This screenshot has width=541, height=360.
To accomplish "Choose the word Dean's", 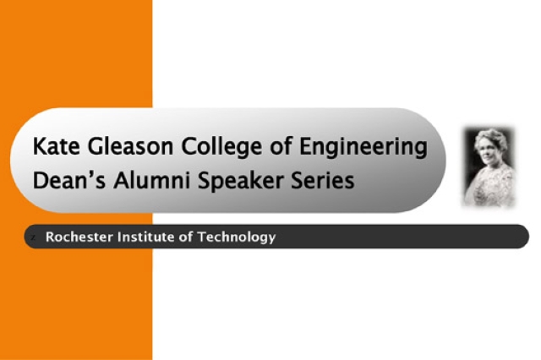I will (x=63, y=180).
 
